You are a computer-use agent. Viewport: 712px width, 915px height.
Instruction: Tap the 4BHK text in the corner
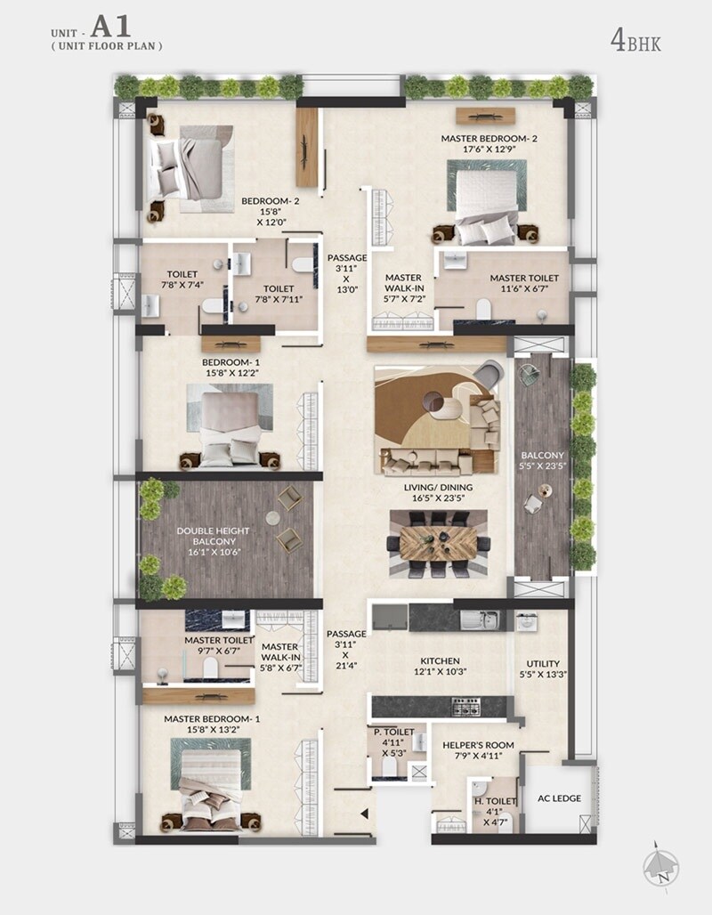click(635, 41)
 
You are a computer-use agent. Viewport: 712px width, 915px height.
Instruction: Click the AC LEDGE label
click(560, 798)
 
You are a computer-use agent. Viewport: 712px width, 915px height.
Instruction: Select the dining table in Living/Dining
click(438, 545)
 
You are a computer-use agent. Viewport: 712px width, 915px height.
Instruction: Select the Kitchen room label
click(440, 661)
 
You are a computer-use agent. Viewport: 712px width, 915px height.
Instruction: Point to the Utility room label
click(542, 664)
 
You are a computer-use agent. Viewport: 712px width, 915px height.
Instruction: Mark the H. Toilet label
click(496, 802)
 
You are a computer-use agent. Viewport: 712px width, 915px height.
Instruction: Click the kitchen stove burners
click(465, 707)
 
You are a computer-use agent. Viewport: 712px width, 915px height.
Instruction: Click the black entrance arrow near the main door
click(363, 814)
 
